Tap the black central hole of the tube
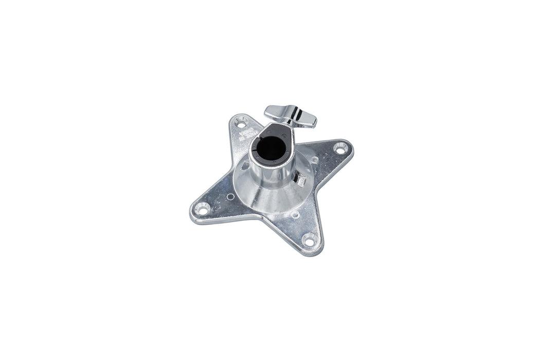[x=271, y=149]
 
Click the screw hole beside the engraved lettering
[x=240, y=122]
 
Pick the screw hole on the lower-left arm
[x=204, y=209]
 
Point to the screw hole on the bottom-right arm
[x=309, y=238]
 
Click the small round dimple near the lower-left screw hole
[x=230, y=196]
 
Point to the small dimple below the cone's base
[x=295, y=214]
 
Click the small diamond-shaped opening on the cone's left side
[x=245, y=166]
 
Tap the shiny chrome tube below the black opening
[x=271, y=175]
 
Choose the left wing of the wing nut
[x=276, y=110]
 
